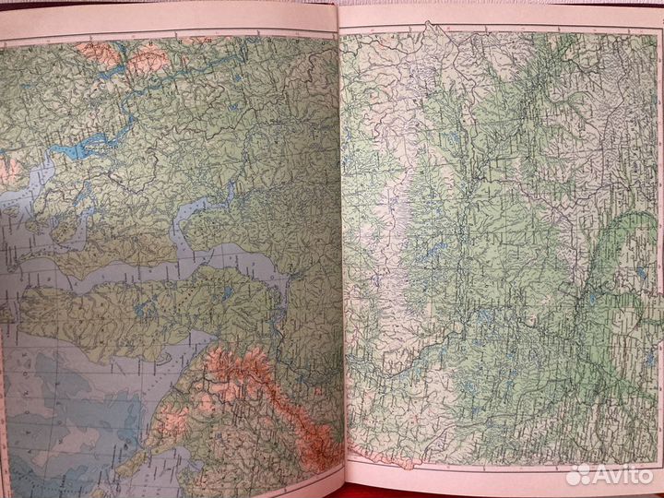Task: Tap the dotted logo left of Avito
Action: [578, 474]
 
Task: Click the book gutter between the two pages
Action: [339, 249]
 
